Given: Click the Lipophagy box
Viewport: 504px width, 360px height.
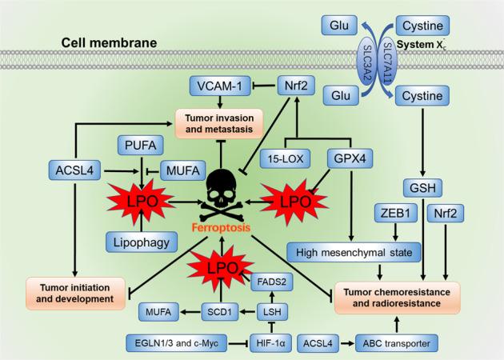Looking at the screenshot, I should pyautogui.click(x=141, y=239).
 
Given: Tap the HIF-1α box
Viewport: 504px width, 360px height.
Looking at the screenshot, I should pyautogui.click(x=273, y=342).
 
